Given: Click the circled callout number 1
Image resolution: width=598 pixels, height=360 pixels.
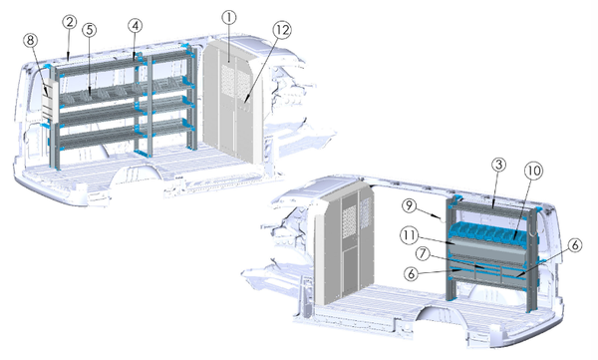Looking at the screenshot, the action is (x=229, y=18).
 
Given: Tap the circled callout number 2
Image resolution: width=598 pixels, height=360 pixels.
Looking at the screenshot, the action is (x=70, y=22).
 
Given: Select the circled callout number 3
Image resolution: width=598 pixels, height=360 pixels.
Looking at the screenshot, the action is (x=498, y=165).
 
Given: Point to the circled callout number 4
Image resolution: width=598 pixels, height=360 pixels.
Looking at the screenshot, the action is (x=135, y=26).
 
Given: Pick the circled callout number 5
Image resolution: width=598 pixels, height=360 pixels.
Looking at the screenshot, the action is (x=90, y=30).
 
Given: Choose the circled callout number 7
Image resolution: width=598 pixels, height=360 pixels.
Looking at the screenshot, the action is (x=423, y=254).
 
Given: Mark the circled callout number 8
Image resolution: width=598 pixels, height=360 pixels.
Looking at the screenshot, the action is (x=31, y=41).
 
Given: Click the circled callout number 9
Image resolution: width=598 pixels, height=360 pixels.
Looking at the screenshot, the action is (x=410, y=205).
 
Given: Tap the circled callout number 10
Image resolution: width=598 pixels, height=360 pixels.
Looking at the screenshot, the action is (x=533, y=171).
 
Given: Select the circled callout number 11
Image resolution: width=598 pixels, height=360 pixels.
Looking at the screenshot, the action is (x=410, y=235).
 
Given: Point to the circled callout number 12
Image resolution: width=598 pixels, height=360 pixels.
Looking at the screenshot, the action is (x=282, y=30).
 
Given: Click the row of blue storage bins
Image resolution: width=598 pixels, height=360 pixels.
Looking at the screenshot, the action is (x=492, y=233).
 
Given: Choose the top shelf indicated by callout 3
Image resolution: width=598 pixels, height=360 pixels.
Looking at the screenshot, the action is (x=489, y=207).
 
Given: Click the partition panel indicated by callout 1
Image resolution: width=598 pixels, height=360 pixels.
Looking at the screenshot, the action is (x=231, y=103).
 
